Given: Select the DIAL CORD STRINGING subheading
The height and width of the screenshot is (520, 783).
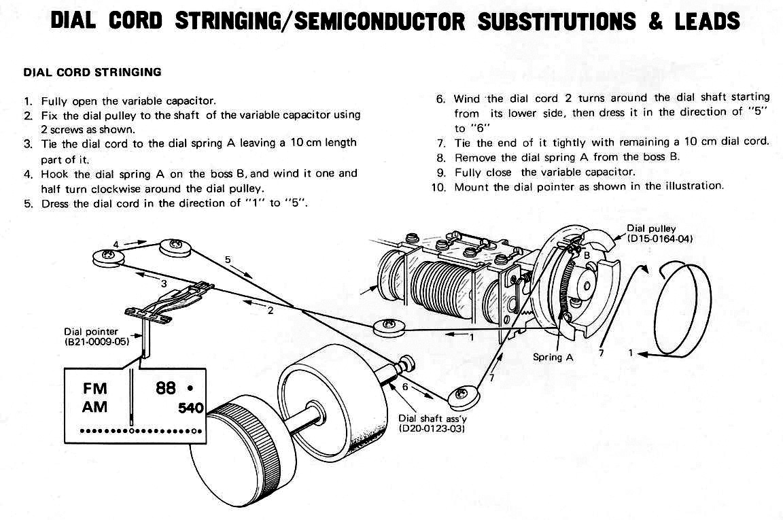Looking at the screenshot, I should [x=92, y=71].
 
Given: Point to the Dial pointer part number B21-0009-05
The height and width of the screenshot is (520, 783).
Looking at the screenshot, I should [x=94, y=341].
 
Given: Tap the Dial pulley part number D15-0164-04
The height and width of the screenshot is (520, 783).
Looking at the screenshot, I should [x=660, y=239].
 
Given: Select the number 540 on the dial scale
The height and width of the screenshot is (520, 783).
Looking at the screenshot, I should [x=191, y=409].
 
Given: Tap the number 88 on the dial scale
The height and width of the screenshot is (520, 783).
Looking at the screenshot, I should [x=166, y=388].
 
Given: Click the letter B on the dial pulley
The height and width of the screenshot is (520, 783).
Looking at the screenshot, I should [x=586, y=256].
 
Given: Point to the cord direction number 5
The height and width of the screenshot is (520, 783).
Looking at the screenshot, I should [x=228, y=259].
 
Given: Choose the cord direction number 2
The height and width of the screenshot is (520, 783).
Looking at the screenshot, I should [x=270, y=311].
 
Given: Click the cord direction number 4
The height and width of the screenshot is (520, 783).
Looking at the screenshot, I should [x=116, y=243].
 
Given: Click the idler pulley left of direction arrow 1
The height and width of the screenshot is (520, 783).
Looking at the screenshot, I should [x=389, y=327].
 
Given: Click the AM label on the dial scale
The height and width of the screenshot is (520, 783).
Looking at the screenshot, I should [x=95, y=408].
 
